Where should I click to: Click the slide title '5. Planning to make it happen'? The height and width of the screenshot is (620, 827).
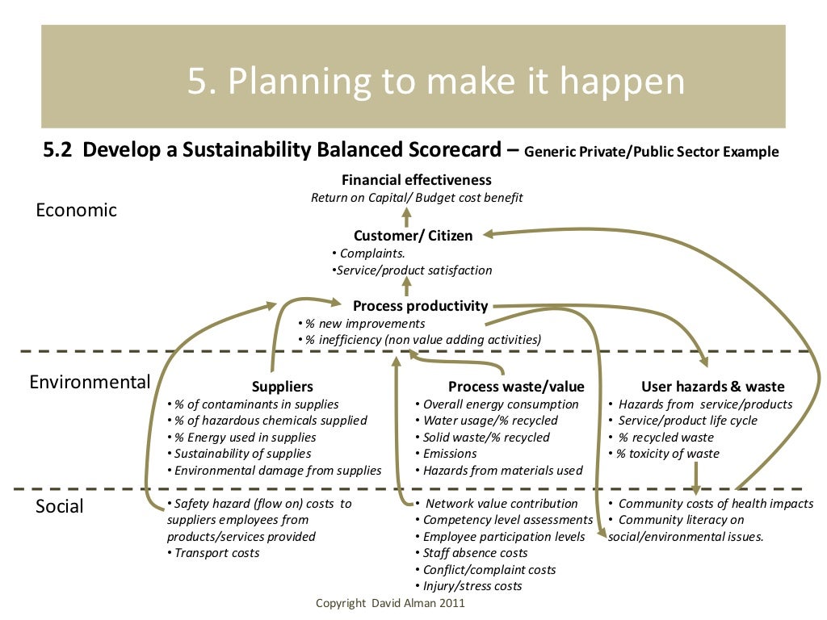(x=436, y=82)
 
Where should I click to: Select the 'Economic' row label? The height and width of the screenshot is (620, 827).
(x=77, y=210)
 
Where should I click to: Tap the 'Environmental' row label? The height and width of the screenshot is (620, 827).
(x=90, y=382)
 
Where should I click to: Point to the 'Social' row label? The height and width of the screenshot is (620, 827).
(x=60, y=506)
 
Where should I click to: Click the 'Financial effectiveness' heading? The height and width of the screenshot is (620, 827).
(x=416, y=180)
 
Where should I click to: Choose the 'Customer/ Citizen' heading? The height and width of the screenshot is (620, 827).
(x=413, y=236)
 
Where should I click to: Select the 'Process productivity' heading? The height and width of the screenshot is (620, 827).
(x=420, y=306)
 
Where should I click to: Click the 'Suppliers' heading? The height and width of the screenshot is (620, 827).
(x=282, y=387)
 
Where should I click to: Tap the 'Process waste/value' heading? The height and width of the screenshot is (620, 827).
(x=516, y=387)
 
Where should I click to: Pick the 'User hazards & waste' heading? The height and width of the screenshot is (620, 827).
(x=712, y=387)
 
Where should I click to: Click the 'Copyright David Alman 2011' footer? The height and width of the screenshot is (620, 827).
(x=390, y=603)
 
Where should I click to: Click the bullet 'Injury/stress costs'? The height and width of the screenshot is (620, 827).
(x=472, y=586)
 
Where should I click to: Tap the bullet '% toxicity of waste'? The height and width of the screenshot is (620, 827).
(x=667, y=454)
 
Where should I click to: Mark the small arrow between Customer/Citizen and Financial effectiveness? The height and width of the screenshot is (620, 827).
(x=406, y=216)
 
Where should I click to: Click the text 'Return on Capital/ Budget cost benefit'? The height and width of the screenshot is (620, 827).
(x=417, y=198)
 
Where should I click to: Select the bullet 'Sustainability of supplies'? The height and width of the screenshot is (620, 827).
(x=242, y=454)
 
